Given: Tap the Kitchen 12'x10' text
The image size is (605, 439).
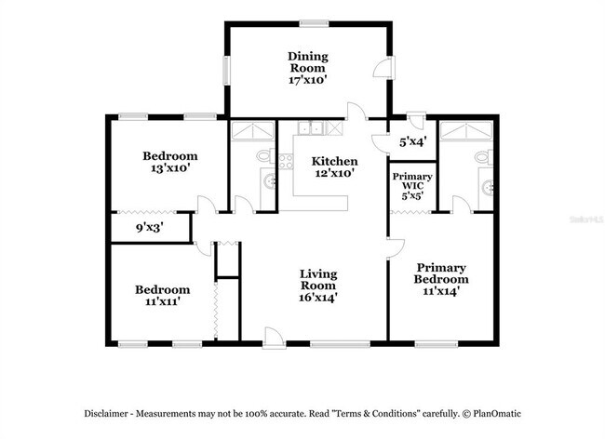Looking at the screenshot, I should pyautogui.click(x=334, y=166).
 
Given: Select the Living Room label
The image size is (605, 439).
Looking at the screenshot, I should pyautogui.click(x=317, y=286).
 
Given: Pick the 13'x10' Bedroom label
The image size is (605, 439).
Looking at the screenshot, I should pyautogui.click(x=169, y=162).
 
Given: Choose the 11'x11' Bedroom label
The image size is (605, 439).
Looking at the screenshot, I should pyautogui.click(x=162, y=296).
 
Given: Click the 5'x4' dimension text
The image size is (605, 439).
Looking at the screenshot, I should pyautogui.click(x=413, y=143).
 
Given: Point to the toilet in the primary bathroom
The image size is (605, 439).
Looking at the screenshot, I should pyautogui.click(x=482, y=157).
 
